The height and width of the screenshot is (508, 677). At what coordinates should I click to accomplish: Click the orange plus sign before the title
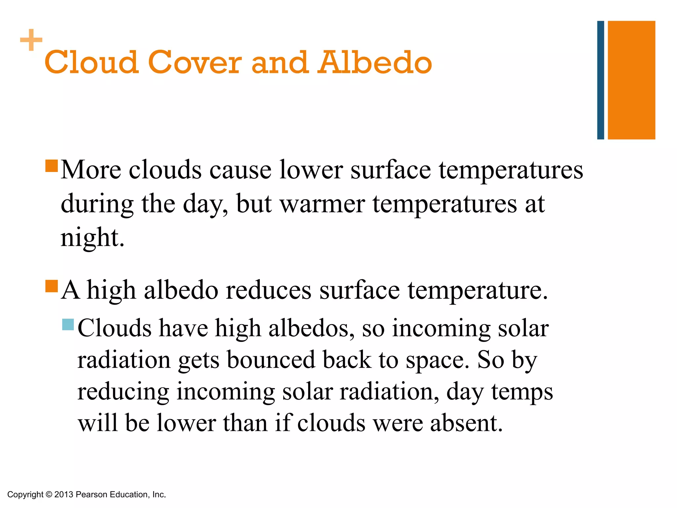pos(31,40)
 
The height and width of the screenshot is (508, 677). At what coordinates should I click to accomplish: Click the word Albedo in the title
pos(375,63)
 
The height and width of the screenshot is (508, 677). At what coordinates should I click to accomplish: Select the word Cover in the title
pos(195,63)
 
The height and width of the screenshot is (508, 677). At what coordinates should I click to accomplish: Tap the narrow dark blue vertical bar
pos(600,80)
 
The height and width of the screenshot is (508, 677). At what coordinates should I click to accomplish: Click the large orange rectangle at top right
pos(631,80)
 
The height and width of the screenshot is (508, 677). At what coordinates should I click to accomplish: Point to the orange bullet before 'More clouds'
pos(52,166)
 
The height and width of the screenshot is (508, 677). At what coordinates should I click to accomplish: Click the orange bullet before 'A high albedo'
pos(52,286)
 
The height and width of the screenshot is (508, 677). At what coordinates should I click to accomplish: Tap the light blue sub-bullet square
pos(68,324)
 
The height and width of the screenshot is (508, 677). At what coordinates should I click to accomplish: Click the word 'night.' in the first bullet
pos(92,238)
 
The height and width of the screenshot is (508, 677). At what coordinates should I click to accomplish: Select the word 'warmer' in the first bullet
pos(322,204)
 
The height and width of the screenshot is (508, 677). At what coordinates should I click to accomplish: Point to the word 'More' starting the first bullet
pos(91,170)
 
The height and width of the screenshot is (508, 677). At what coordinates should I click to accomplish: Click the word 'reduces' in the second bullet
pos(268,290)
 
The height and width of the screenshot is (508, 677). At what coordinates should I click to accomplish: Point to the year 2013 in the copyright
pos(63,494)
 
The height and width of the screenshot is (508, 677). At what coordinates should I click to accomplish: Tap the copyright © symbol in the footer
pos(49,494)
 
